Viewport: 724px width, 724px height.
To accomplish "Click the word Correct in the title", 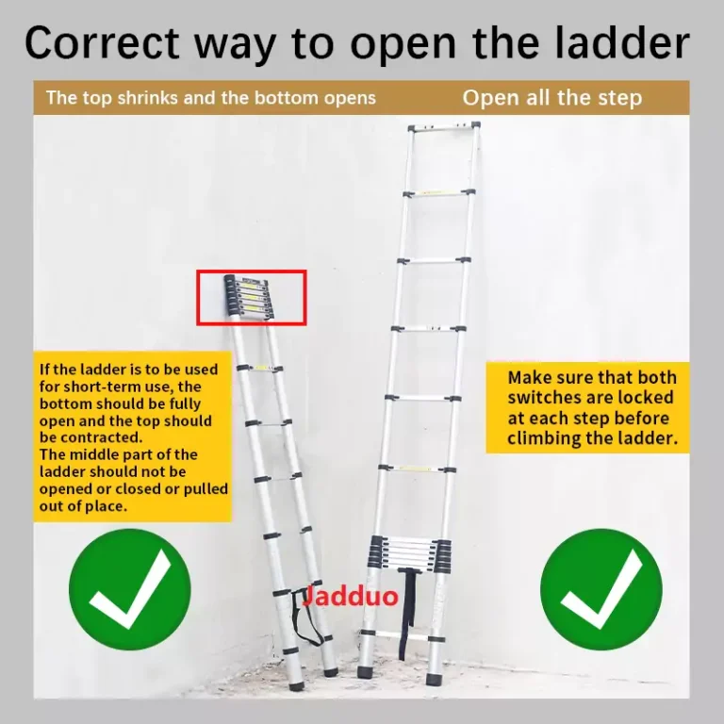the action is [x=102, y=42].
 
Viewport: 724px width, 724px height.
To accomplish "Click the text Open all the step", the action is [x=552, y=98].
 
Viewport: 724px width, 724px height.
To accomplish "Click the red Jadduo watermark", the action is [x=351, y=596].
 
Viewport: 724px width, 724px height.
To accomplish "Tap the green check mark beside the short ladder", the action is [x=130, y=589].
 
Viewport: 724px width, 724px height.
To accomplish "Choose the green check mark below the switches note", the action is [x=601, y=589].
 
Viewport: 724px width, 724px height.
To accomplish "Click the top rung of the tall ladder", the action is [x=444, y=126].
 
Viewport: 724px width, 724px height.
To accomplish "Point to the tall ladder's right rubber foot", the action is [x=435, y=679].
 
